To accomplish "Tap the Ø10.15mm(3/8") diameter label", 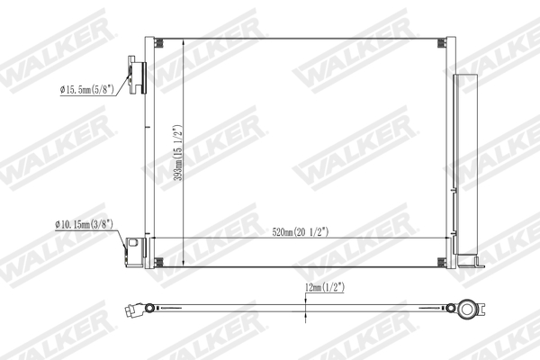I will [85, 224].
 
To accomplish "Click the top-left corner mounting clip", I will [158, 42].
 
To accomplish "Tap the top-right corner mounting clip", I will [440, 42].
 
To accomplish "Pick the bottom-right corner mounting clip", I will [440, 262].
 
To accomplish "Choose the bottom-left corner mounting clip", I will [158, 262].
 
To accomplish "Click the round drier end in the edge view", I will [467, 309].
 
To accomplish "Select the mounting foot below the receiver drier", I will [467, 263].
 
